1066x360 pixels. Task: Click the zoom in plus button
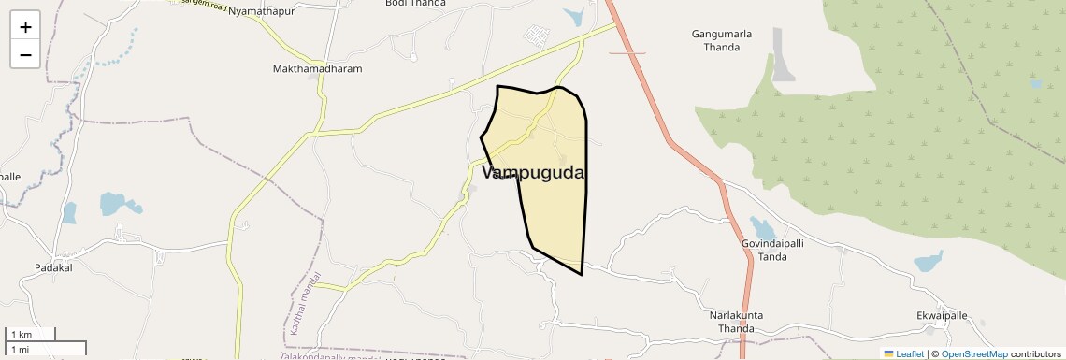[x=25, y=27]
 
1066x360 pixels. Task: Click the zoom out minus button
[x=25, y=54]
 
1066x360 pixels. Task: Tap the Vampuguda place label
[x=534, y=173]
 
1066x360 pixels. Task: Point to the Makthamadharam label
[x=317, y=68]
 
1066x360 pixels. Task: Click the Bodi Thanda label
[x=415, y=4]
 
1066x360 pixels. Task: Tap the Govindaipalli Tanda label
[x=772, y=249]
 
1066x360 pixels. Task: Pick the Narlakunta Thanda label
[x=736, y=322]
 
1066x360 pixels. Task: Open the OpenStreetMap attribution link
[x=974, y=353]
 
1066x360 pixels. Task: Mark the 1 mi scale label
[x=19, y=349]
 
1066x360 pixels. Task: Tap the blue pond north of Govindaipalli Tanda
[x=762, y=228]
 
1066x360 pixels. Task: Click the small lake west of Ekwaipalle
[x=929, y=261]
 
